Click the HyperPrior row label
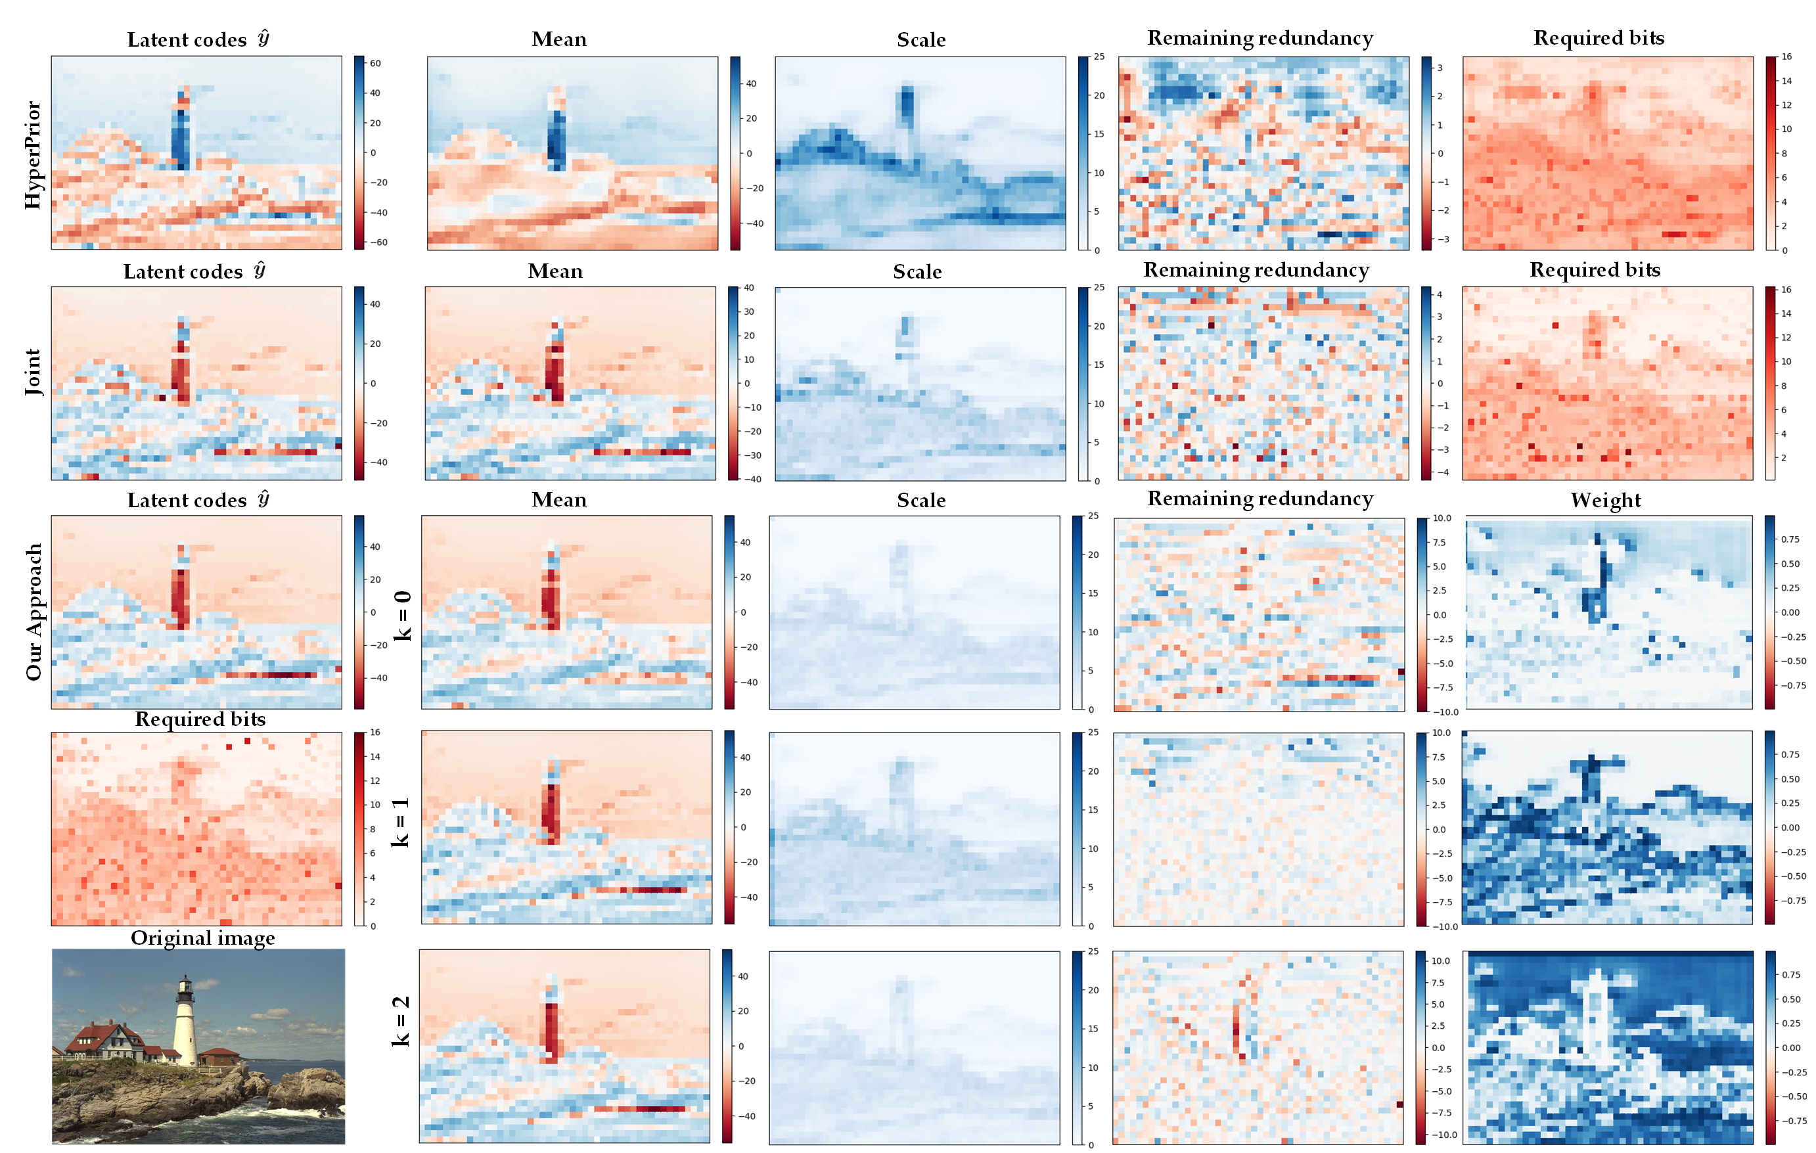32,154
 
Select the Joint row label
32,372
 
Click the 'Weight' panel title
1606,500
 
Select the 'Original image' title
202,938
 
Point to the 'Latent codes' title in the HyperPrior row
198,39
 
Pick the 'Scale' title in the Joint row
917,271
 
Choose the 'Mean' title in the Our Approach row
559,500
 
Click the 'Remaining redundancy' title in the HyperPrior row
1260,37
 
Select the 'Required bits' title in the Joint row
1595,270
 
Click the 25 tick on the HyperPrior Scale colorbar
1100,57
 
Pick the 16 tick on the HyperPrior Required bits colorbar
1787,57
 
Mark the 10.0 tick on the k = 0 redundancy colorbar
1442,518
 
